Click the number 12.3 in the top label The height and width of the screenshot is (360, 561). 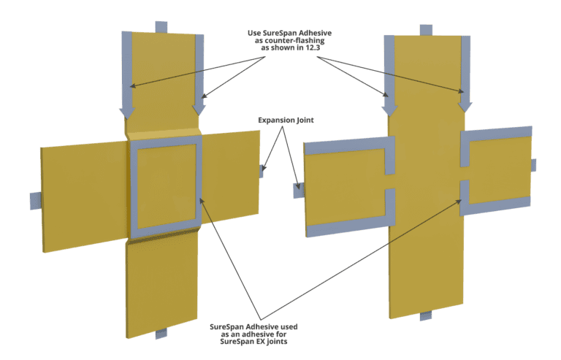pos(313,47)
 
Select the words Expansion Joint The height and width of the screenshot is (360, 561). pos(286,120)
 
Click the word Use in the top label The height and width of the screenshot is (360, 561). pos(254,33)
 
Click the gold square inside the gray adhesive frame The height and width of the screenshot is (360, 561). pos(167,186)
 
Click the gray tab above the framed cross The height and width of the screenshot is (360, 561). pos(161,27)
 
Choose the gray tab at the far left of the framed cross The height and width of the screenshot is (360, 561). pos(35,201)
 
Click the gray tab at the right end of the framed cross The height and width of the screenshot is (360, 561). pos(262,171)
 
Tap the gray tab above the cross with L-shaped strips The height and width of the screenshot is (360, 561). pos(426,30)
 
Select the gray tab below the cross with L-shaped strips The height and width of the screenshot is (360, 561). pos(426,315)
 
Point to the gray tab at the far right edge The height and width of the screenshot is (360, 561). pos(533,165)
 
